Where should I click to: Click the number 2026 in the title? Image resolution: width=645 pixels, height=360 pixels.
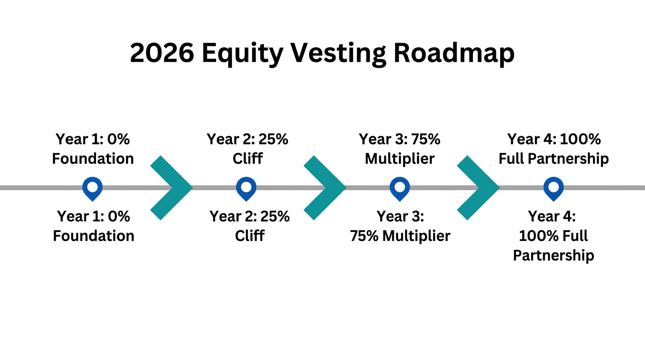coord(162,53)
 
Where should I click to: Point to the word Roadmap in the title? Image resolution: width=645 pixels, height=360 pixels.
coord(454,53)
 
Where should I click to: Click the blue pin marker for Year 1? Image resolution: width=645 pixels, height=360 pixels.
coord(92,188)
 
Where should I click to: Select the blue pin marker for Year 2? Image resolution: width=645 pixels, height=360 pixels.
coord(246,188)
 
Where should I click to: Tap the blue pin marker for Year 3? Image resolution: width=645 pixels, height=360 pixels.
coord(400,188)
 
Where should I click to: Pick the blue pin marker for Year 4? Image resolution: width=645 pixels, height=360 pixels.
coord(554,188)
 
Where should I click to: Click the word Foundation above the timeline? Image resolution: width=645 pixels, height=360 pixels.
coord(93,159)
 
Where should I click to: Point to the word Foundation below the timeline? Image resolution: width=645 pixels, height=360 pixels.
coord(94,236)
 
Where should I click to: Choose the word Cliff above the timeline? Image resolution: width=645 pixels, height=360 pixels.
coord(247,159)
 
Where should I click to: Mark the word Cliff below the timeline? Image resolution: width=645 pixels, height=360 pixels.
coord(250,236)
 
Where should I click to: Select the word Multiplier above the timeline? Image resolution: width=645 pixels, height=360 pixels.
coord(400,159)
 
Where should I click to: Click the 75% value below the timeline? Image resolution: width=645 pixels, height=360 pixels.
coord(365,236)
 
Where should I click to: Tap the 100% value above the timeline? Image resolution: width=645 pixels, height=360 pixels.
coord(581,139)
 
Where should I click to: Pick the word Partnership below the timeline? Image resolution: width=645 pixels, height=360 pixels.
coord(554,256)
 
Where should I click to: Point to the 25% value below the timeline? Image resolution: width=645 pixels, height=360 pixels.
coord(274,217)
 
